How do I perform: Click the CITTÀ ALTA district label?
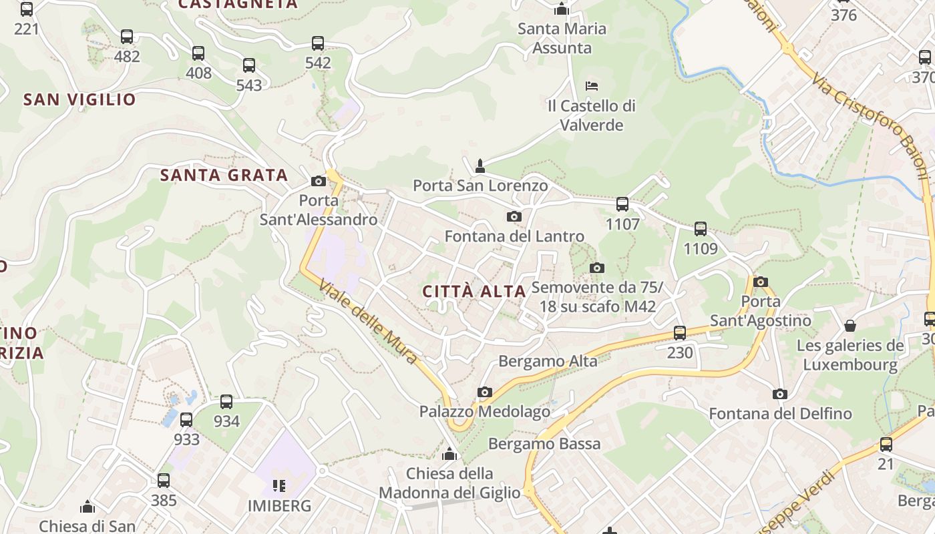click(x=475, y=291)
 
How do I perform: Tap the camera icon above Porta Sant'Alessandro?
click(x=319, y=181)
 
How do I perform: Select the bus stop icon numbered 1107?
click(x=622, y=204)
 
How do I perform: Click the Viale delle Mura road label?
click(x=368, y=322)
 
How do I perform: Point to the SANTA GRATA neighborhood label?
click(x=224, y=176)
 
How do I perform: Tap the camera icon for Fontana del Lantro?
click(x=514, y=216)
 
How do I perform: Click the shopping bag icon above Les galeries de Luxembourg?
click(x=850, y=326)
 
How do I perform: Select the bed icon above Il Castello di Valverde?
click(x=591, y=86)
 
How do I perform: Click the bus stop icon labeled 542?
click(x=318, y=44)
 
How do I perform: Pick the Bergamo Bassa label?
click(x=544, y=443)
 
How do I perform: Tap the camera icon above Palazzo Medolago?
click(x=485, y=392)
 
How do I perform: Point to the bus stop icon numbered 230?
click(x=680, y=332)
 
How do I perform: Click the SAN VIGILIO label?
click(x=79, y=100)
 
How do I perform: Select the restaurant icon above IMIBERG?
click(x=279, y=485)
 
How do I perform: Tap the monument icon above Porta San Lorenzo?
click(x=480, y=166)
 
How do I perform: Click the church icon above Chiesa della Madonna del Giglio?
click(x=449, y=455)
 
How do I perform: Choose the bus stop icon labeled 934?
click(x=226, y=402)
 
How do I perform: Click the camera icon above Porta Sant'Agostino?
click(x=760, y=282)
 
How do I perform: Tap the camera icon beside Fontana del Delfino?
click(x=779, y=394)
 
